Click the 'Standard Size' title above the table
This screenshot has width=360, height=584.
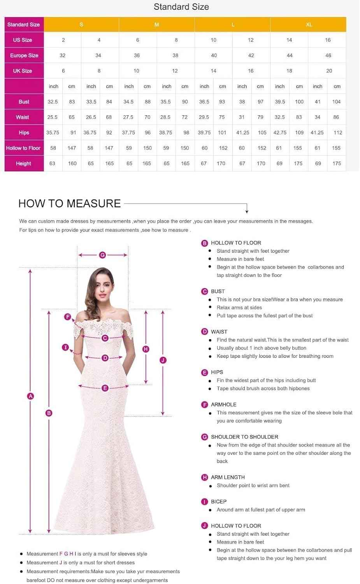(x=181, y=7)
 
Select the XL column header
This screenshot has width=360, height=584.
(x=309, y=25)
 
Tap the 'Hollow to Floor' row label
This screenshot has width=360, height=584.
(x=23, y=148)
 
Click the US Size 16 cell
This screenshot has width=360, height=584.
(x=328, y=40)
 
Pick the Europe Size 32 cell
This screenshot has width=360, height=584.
(x=63, y=56)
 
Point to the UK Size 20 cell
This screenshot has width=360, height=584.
(x=329, y=71)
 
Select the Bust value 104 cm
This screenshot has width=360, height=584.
(x=336, y=102)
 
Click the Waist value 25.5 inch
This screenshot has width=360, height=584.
(x=53, y=117)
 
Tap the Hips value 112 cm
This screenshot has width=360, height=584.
(x=338, y=133)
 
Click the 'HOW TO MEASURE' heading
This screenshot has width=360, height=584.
(x=70, y=204)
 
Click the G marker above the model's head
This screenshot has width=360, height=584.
(x=103, y=255)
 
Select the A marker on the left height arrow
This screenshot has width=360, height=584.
(x=31, y=396)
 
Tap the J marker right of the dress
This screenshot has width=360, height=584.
(x=163, y=360)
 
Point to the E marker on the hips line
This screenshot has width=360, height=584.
(x=105, y=388)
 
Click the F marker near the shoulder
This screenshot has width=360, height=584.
(x=68, y=317)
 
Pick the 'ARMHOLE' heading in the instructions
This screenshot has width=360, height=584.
(x=223, y=405)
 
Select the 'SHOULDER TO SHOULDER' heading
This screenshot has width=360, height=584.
(x=244, y=437)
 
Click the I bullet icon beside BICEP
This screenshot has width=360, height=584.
(x=204, y=502)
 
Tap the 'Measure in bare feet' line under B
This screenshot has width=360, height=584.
(x=240, y=259)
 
